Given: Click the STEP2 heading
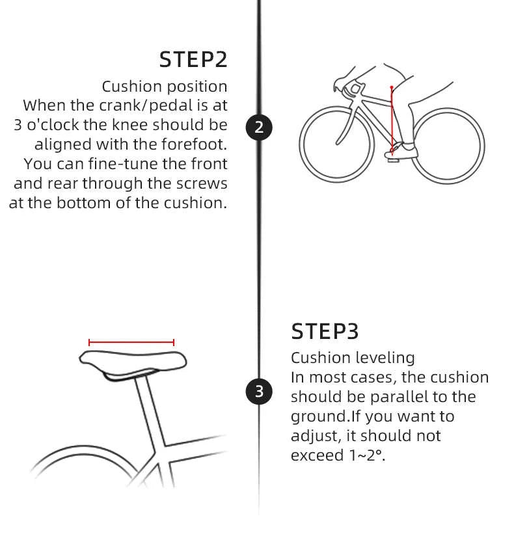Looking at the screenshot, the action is pyautogui.click(x=193, y=59).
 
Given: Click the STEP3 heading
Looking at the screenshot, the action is pyautogui.click(x=325, y=332).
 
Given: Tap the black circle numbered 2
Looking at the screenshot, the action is pyautogui.click(x=259, y=127).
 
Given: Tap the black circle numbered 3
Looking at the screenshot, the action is pyautogui.click(x=259, y=391).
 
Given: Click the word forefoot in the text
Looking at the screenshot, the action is pyautogui.click(x=194, y=144).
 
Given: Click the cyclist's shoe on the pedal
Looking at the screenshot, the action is pyautogui.click(x=401, y=152).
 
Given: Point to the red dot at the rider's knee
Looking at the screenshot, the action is pyautogui.click(x=392, y=87).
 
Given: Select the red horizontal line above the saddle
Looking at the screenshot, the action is pyautogui.click(x=131, y=342).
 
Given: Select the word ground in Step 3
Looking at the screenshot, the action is pyautogui.click(x=319, y=417).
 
